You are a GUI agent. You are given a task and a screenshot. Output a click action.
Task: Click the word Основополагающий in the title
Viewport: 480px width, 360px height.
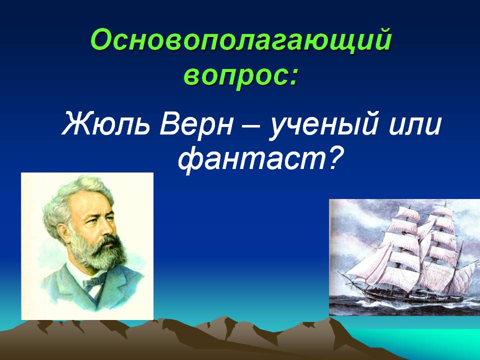click(241, 40)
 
